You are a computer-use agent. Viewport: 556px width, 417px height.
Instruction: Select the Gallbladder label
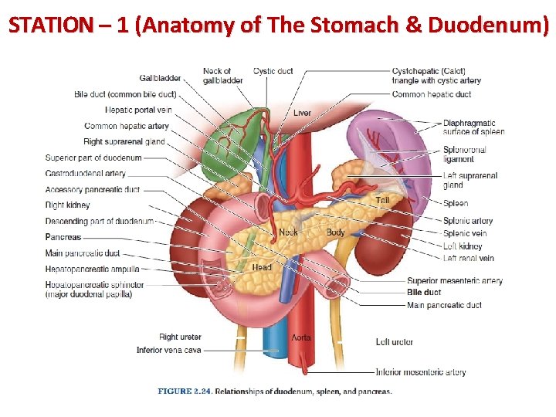(161, 78)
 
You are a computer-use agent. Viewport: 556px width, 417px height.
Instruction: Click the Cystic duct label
(273, 71)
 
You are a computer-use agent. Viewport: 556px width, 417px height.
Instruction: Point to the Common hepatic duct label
(432, 94)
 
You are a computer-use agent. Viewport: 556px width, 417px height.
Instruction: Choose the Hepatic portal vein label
(138, 110)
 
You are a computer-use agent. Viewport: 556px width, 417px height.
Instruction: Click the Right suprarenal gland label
(124, 141)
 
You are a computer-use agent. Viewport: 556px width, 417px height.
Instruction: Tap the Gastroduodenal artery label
(86, 174)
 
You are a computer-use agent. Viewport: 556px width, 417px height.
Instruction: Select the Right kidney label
(67, 205)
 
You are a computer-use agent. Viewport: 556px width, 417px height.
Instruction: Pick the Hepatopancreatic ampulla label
(93, 270)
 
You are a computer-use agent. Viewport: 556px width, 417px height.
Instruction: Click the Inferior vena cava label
(168, 350)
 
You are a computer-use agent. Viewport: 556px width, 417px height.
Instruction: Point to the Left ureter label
(394, 341)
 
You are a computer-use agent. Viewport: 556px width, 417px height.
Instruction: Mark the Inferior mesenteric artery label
(421, 371)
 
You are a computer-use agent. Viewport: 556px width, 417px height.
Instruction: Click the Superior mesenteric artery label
(455, 280)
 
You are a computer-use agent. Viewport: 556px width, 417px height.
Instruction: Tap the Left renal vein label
(469, 258)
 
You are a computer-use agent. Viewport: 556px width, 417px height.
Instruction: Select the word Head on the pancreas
(262, 267)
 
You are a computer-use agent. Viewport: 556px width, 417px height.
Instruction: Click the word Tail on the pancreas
(382, 201)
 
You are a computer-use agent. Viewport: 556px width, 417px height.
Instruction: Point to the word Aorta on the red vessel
(301, 337)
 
